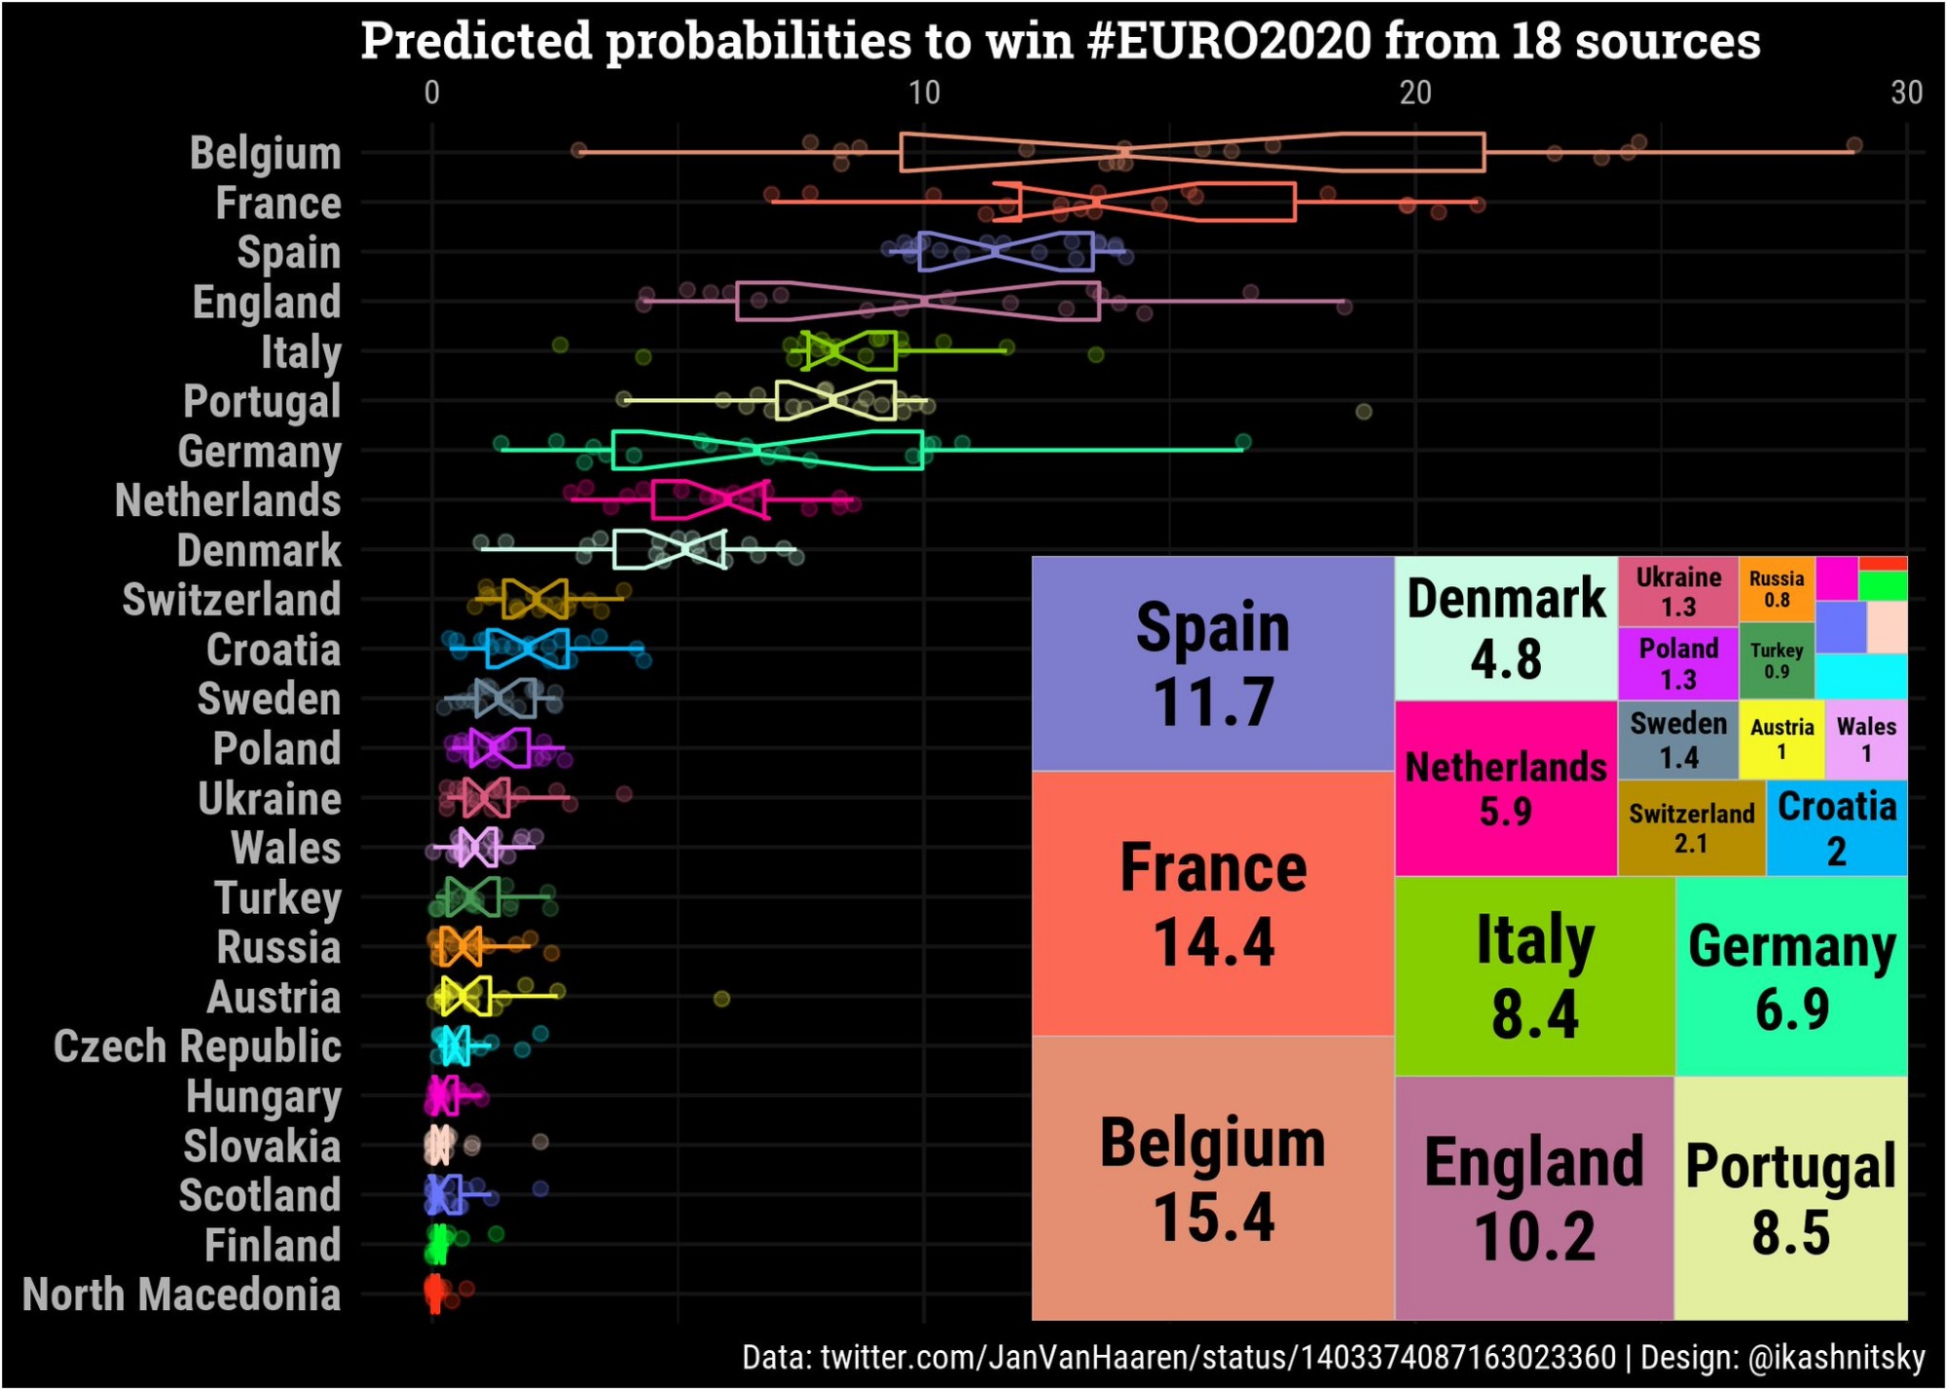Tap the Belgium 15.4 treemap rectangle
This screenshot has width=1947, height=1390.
pos(1212,1178)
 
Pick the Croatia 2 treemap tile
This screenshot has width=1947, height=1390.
pos(1836,828)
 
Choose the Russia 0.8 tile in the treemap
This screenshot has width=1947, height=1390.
pos(1776,589)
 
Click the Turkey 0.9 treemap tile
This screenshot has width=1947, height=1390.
pos(1776,661)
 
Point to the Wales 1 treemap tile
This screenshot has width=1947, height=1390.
pos(1865,740)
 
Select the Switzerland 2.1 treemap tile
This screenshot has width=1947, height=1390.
pos(1691,828)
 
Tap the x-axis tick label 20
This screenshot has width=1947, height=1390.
pos(1414,92)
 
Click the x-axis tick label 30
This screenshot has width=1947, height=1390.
pos(1906,92)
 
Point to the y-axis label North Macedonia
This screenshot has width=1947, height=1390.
pos(182,1295)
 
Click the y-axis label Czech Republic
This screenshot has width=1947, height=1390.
pos(198,1046)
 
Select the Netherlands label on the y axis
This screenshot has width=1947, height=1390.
pos(228,501)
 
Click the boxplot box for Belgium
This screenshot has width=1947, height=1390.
pos(1193,152)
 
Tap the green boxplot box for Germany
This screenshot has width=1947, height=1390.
pos(767,450)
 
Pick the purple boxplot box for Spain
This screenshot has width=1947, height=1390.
pos(1006,251)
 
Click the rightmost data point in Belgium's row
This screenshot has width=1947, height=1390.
pos(1854,145)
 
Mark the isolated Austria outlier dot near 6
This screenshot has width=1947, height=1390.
pos(721,999)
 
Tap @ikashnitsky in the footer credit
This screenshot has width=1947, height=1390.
pos(1836,1357)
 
